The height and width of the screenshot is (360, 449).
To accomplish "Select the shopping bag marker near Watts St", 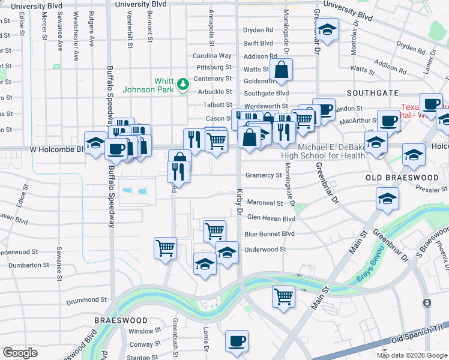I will [x=281, y=70].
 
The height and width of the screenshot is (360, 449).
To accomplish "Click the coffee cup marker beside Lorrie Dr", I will [x=237, y=341].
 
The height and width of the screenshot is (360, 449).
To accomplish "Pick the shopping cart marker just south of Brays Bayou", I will [x=283, y=296].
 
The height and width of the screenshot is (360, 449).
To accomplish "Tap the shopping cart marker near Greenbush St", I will [x=165, y=247].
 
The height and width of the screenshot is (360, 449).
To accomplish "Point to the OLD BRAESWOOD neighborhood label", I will [x=402, y=178].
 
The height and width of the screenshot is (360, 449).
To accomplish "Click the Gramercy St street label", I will [x=263, y=175].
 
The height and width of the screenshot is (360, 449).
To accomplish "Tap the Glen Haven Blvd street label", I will [x=271, y=219].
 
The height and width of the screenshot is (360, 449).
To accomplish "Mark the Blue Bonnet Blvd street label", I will [x=269, y=234].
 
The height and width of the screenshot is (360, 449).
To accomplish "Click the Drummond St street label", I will [x=86, y=299].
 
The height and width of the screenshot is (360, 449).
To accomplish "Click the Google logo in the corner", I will [x=20, y=352].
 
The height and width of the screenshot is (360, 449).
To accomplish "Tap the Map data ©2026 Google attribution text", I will [x=411, y=355].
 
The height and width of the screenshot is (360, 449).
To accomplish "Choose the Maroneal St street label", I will [x=265, y=203].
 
